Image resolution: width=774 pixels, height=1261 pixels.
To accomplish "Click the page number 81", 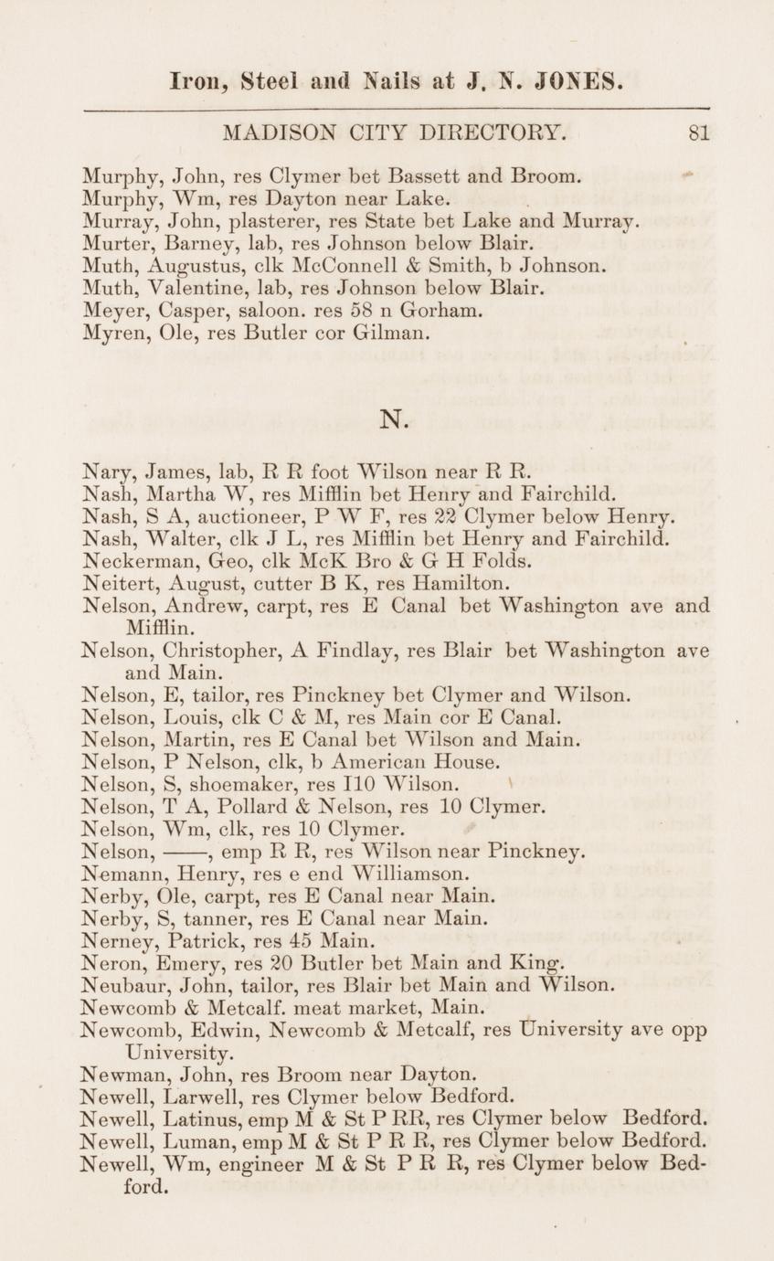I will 699,133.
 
